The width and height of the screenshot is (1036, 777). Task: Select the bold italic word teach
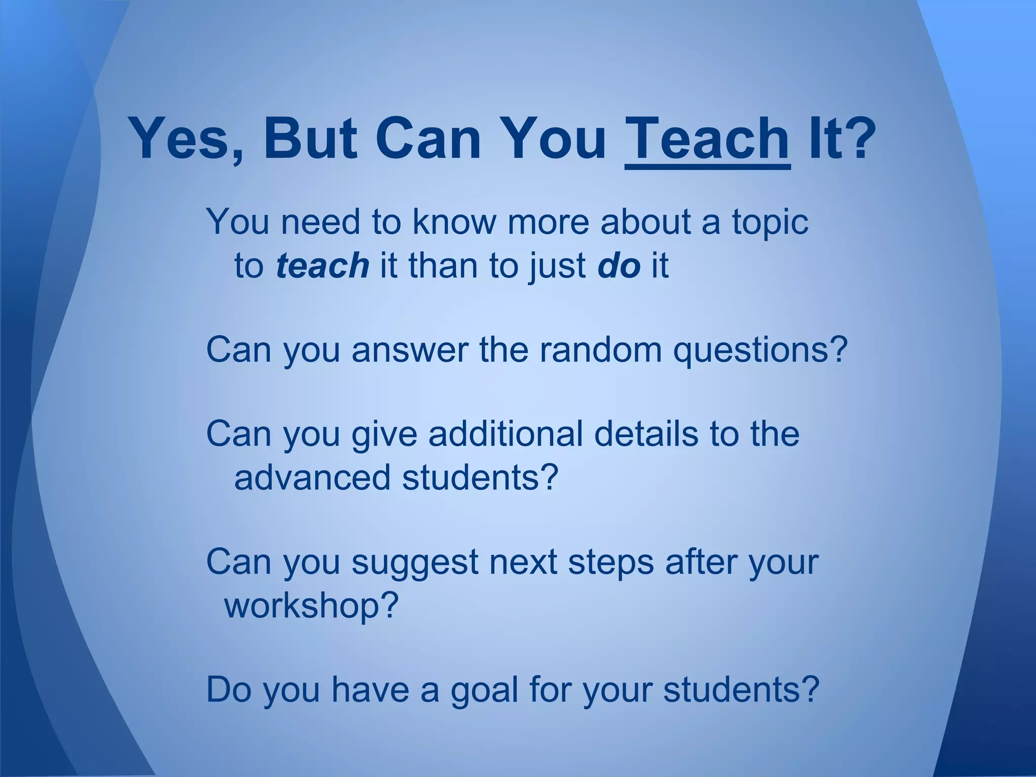pyautogui.click(x=322, y=266)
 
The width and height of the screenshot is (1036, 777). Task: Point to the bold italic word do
pyautogui.click(x=619, y=266)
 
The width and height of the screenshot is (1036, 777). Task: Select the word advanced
pyautogui.click(x=312, y=478)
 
